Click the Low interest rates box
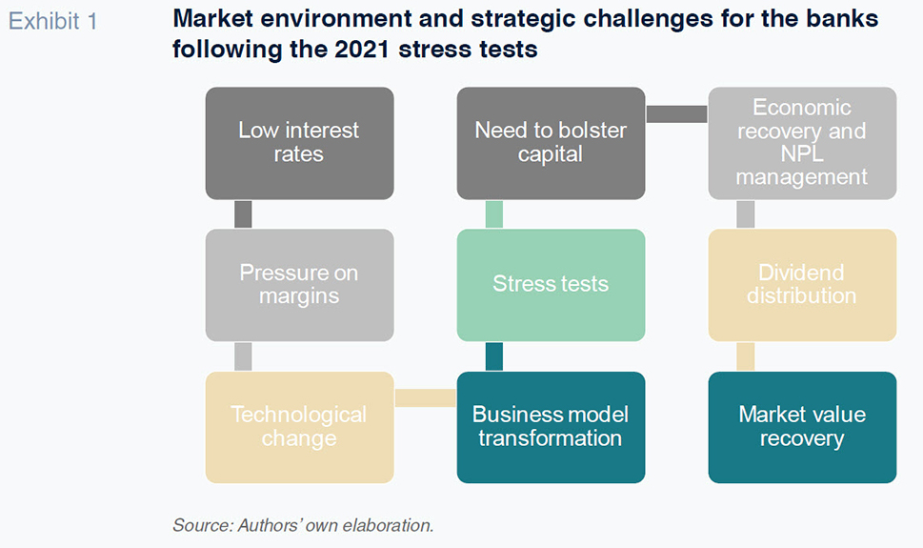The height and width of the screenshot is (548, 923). click(300, 143)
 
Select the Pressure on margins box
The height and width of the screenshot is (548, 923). click(300, 285)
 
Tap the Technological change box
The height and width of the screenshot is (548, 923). click(300, 427)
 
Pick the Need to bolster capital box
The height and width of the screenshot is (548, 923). click(551, 143)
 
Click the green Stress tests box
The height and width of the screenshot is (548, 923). click(551, 285)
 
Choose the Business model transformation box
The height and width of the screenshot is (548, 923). click(551, 427)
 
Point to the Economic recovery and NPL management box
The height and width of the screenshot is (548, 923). click(802, 143)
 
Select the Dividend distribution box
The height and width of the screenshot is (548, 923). click(802, 285)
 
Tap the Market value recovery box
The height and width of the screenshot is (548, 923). click(802, 427)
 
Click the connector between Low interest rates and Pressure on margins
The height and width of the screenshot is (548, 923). click(243, 214)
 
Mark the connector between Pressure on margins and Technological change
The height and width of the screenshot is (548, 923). click(243, 356)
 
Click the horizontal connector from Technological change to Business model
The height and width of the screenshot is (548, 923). click(426, 397)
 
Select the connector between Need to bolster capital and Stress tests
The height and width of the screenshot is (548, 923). click(494, 214)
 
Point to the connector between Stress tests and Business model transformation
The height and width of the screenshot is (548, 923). click(494, 356)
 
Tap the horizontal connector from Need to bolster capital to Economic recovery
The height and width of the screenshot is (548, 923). click(677, 113)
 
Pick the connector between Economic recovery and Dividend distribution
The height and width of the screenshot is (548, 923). click(746, 214)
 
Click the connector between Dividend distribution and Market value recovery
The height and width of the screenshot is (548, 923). click(746, 356)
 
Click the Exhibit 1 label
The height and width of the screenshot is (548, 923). click(53, 22)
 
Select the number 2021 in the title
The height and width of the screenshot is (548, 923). click(361, 49)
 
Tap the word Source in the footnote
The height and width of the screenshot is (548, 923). click(202, 525)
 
